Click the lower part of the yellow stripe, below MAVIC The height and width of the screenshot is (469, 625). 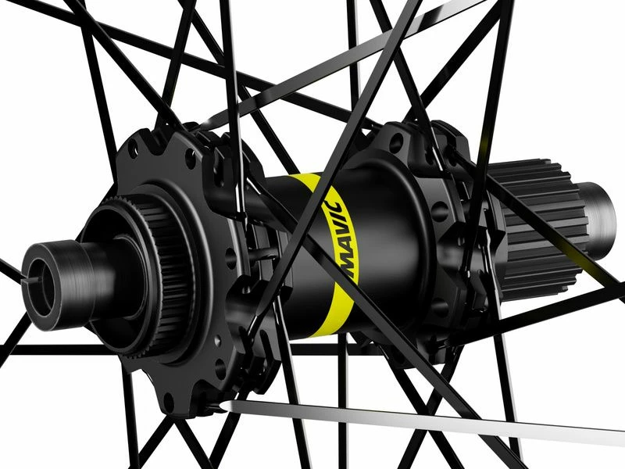click(328, 313)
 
